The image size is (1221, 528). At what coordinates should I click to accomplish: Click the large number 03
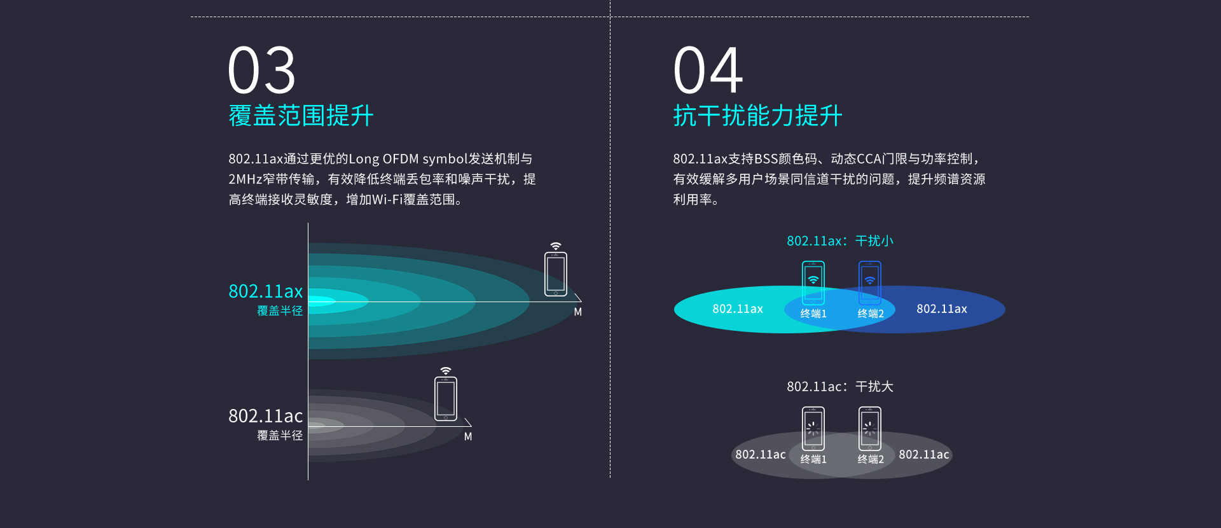pos(262,70)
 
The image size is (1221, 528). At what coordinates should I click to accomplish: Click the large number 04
pos(708,70)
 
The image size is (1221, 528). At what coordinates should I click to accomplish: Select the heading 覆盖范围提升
pos(301,116)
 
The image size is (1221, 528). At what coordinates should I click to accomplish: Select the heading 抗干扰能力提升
pos(757,116)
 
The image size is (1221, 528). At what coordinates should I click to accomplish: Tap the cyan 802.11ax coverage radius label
pos(266,299)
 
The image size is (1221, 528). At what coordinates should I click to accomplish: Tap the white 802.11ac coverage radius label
pos(266,424)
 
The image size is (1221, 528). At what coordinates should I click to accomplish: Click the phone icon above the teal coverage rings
pos(556,274)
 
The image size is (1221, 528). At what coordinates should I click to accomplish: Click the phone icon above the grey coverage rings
pos(446,399)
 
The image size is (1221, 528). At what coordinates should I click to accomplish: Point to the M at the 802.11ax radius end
pos(577,312)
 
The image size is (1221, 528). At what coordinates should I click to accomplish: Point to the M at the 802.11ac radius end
pos(468,436)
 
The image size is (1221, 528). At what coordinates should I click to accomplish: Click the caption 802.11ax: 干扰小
pos(840,241)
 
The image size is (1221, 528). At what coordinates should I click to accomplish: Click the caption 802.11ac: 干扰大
pos(840,387)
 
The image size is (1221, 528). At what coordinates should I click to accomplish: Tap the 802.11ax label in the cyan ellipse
pos(738,309)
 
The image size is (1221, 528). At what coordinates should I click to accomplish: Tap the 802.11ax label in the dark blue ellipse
pos(942,309)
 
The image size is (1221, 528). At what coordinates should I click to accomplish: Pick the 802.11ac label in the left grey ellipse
pos(761,454)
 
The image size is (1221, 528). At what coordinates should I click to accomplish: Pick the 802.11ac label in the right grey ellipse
pos(924,454)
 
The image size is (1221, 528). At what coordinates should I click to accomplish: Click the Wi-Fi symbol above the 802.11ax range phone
pos(556,246)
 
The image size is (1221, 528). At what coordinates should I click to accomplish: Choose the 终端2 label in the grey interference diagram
pos(871,459)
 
